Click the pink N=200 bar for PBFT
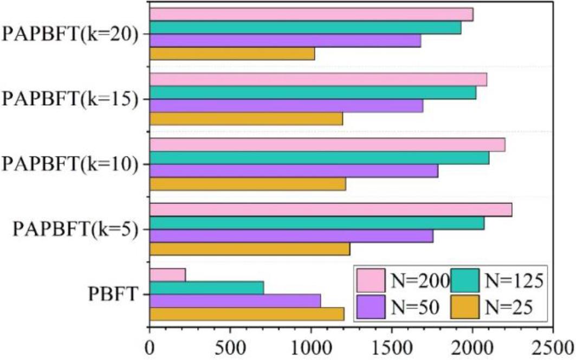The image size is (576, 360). (x=167, y=275)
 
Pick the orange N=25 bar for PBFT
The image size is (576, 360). (x=247, y=314)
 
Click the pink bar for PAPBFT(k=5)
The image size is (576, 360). (x=331, y=210)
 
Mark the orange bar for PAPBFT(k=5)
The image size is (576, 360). (x=249, y=249)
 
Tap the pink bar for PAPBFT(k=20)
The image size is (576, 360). (x=311, y=15)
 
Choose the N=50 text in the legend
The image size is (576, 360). (x=415, y=307)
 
